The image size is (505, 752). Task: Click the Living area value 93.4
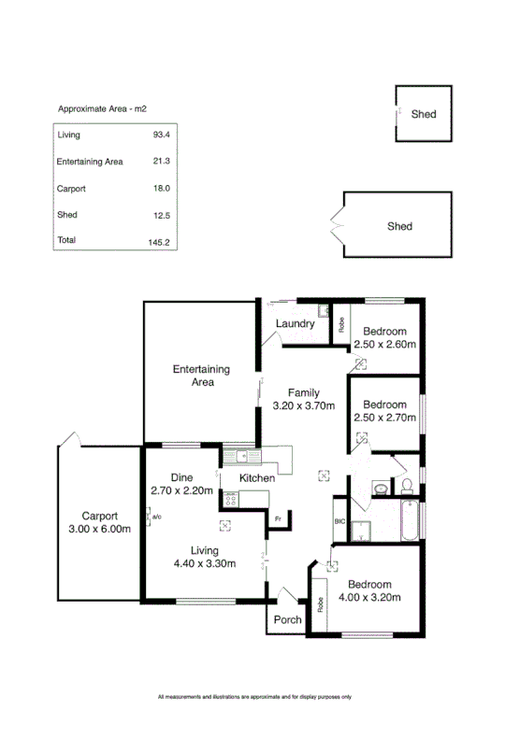pos(161,135)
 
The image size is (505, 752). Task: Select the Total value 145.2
pos(161,241)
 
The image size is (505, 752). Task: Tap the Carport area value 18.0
pos(161,189)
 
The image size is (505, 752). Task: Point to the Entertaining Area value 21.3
pos(161,162)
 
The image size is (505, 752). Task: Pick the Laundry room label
pos(294,324)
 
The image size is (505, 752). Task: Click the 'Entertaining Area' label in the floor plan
pos(200,376)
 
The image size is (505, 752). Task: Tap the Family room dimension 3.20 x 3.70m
pos(302,405)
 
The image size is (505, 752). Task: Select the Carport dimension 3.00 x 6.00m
pos(99,530)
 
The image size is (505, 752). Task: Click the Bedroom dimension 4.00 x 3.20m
pos(369,597)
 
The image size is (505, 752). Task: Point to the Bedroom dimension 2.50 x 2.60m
pos(384,345)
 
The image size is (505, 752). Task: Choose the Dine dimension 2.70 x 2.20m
pos(181,490)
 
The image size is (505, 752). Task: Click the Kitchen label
pos(256,478)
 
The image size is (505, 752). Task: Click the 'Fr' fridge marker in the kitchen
pos(277,518)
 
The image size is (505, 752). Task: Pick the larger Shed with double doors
pos(398,226)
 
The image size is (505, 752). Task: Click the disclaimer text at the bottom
pos(253,696)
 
